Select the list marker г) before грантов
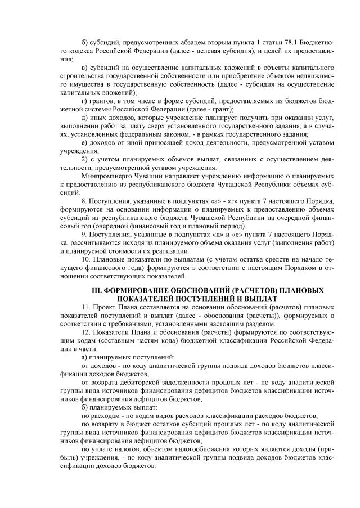point(84,100)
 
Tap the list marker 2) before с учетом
point(84,159)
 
